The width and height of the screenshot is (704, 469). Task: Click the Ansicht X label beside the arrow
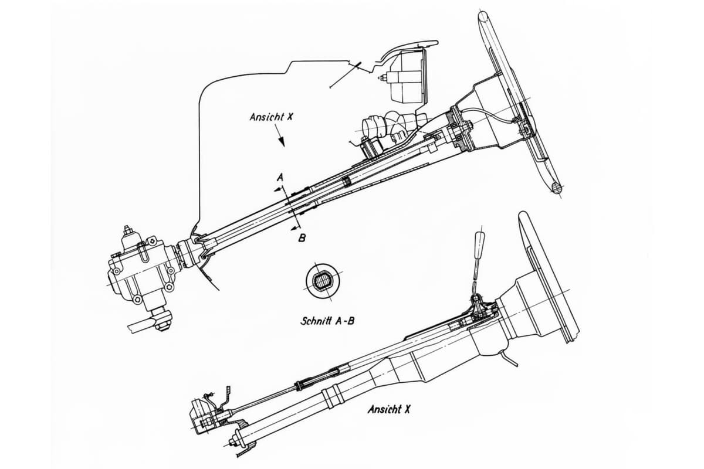pos(270,117)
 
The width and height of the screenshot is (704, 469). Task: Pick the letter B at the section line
pos(301,237)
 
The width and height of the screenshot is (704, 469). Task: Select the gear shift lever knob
pos(481,240)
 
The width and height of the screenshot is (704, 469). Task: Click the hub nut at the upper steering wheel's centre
pos(469,126)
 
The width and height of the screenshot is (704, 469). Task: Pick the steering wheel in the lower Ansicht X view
pos(549,276)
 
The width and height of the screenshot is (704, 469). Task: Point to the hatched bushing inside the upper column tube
pos(347,181)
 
